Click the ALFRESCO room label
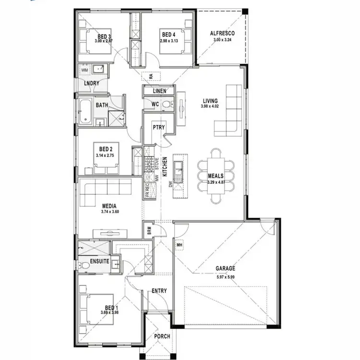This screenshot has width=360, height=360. [222, 33]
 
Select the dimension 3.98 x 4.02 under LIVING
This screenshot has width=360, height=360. [210, 107]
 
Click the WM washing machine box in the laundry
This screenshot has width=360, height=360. [85, 70]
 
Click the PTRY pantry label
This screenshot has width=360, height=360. [158, 127]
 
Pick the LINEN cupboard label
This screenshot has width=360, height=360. [159, 91]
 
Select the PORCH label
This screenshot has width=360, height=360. [162, 336]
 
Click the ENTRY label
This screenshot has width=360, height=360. [159, 291]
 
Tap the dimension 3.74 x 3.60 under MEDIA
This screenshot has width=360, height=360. [109, 212]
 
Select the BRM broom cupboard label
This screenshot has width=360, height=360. [149, 230]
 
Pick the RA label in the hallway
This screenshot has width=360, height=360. [151, 76]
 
